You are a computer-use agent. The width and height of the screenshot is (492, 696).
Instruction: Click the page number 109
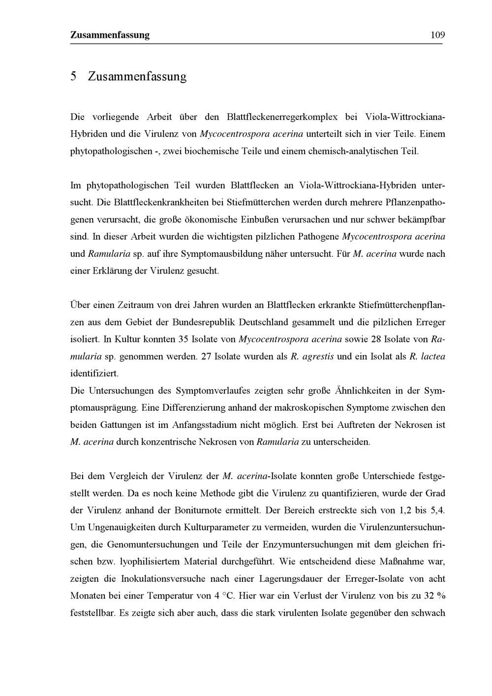click(x=437, y=35)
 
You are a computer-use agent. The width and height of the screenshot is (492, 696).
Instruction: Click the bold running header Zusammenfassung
click(x=110, y=35)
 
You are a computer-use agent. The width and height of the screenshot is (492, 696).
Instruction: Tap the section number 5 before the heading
click(x=73, y=77)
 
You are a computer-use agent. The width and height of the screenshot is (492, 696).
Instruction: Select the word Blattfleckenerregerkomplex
click(x=282, y=117)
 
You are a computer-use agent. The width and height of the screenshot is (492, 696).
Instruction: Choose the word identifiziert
click(x=94, y=374)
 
